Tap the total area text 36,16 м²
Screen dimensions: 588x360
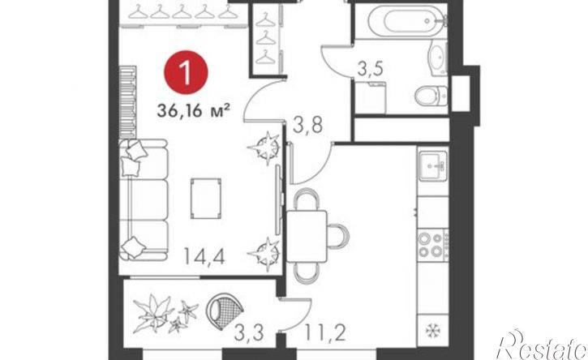[x=194, y=111]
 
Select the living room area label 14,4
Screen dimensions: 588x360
[x=204, y=256]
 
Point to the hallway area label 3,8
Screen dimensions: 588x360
[x=308, y=125]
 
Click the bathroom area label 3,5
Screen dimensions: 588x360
[x=370, y=69]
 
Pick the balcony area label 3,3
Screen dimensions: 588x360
[x=249, y=333]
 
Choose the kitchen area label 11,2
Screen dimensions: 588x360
[x=324, y=333]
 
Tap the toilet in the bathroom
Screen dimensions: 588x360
[x=431, y=96]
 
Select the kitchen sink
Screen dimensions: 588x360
[x=433, y=165]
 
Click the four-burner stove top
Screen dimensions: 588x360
[x=431, y=244]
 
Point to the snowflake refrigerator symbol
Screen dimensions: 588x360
[x=432, y=330]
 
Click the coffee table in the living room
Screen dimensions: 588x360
[x=205, y=199]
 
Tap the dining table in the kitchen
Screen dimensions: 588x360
[x=307, y=236]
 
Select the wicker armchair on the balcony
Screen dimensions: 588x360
[x=224, y=311]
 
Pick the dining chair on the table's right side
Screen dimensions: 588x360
[x=338, y=236]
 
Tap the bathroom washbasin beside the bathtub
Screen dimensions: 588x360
[x=438, y=60]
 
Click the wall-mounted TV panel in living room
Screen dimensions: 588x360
[x=278, y=199]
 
